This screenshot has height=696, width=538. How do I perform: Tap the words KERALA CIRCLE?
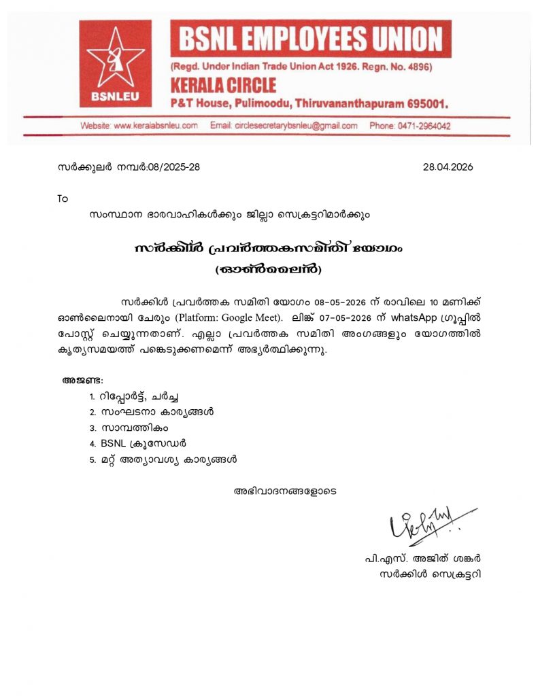(x=223, y=86)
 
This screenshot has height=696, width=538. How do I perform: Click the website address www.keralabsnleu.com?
(x=156, y=126)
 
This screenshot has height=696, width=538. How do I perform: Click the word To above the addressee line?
(x=63, y=198)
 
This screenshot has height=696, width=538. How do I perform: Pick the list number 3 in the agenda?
(x=92, y=428)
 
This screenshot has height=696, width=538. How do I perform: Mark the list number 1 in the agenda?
(x=92, y=396)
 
